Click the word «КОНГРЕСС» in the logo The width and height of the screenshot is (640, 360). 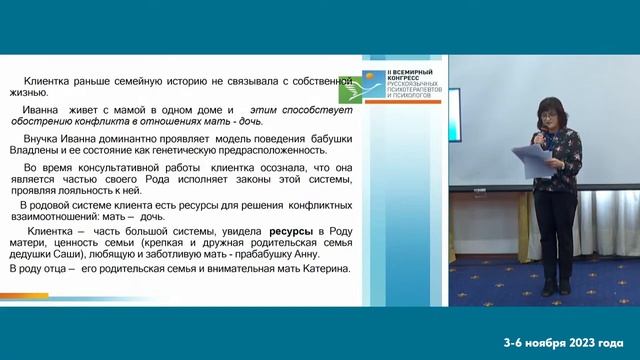click(409, 80)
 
